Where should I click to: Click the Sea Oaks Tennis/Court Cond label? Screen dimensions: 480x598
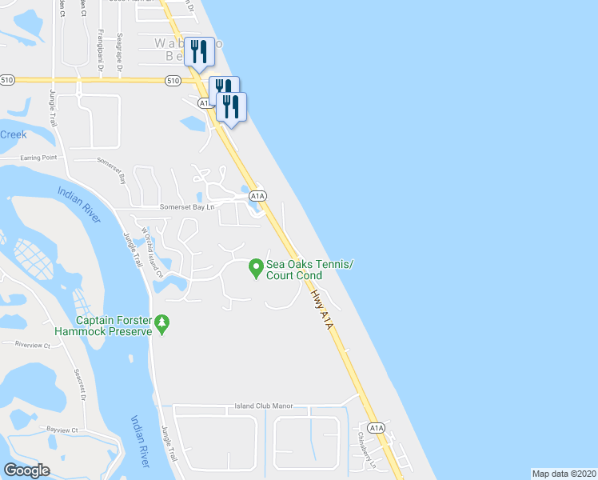(x=309, y=270)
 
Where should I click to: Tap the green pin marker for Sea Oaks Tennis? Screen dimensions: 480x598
(x=256, y=268)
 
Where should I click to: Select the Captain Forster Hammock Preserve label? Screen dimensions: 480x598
(x=103, y=325)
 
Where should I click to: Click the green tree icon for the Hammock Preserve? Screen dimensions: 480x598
(x=163, y=323)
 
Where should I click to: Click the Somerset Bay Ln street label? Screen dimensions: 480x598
(x=189, y=207)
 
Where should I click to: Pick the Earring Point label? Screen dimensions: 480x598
(x=39, y=158)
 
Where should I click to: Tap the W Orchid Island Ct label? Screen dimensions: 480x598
(x=152, y=253)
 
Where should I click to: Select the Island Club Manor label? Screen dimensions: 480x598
(x=264, y=406)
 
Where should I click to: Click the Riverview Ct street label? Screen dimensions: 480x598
(x=33, y=345)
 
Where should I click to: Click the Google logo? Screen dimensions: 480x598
(x=26, y=470)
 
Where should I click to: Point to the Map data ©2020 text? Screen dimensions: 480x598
(x=564, y=474)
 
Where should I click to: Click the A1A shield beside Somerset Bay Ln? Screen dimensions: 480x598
(x=257, y=195)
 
